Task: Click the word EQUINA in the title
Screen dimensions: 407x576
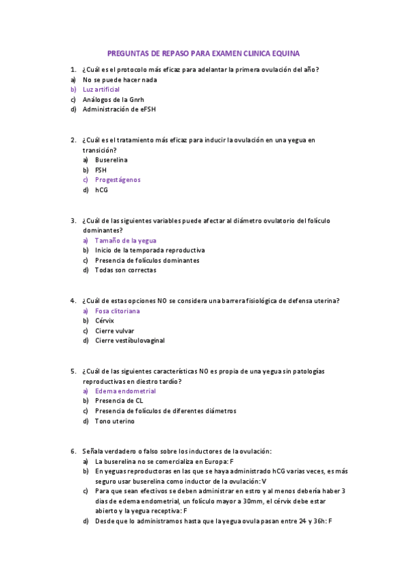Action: [285, 52]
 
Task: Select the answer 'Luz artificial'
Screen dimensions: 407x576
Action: [101, 89]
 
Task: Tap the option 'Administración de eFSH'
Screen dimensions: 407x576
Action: [120, 109]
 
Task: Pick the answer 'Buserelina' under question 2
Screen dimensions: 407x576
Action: [111, 160]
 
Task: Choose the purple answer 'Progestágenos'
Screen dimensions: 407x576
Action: [118, 180]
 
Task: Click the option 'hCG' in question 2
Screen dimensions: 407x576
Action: [101, 190]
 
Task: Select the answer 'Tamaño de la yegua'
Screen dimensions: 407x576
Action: [126, 240]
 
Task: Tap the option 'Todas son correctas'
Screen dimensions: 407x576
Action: [126, 270]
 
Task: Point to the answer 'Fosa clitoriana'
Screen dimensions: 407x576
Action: [118, 310]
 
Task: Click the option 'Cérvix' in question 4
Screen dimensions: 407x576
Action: [105, 321]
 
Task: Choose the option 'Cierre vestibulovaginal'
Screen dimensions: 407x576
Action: [130, 340]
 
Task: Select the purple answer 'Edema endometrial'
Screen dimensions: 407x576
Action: [126, 391]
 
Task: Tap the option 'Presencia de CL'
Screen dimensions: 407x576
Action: [119, 401]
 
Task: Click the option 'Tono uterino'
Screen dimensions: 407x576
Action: [115, 421]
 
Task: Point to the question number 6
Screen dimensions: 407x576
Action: [73, 451]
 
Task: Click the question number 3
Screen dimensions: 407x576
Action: [73, 221]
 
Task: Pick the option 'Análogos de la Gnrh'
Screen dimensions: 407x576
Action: [113, 99]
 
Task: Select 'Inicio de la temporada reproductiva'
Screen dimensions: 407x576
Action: [150, 250]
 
